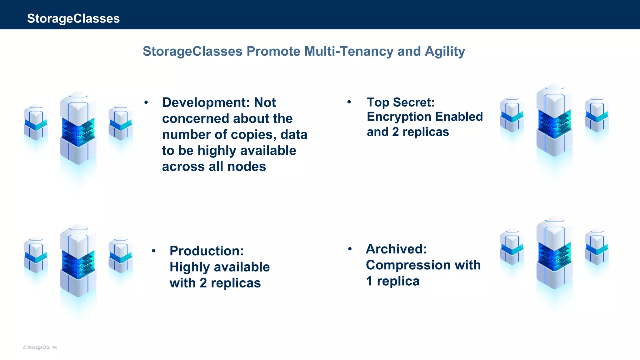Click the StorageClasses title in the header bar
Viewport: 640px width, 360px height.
[73, 18]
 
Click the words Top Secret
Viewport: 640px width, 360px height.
[400, 102]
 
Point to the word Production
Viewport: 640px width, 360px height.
[206, 251]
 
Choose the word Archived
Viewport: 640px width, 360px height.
[396, 249]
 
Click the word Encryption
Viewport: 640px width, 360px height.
[399, 117]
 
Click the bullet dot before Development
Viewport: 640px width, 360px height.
[146, 102]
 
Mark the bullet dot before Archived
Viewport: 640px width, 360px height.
[350, 249]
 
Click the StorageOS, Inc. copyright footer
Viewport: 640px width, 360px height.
[41, 347]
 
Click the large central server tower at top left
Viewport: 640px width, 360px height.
[78, 128]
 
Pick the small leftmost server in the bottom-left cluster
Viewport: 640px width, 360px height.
[36, 254]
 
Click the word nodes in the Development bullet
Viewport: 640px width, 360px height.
[247, 167]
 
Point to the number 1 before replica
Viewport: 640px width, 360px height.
[369, 281]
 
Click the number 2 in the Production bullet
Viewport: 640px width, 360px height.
[203, 283]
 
